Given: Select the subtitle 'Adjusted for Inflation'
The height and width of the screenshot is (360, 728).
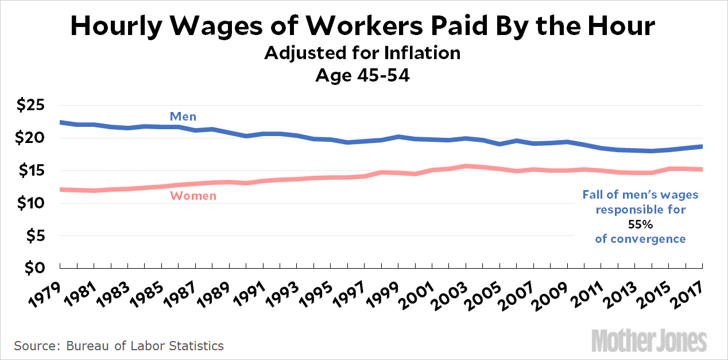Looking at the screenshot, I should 362,53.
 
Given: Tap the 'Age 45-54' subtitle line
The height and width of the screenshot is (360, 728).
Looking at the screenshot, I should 362,75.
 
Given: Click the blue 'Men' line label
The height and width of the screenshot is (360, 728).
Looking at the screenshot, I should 183,117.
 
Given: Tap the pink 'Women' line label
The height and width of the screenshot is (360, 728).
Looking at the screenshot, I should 193,196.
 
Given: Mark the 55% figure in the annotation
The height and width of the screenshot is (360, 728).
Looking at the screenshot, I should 640,224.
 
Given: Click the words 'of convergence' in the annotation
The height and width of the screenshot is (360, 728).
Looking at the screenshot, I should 640,239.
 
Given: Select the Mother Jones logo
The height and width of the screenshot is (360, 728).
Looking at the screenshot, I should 649,340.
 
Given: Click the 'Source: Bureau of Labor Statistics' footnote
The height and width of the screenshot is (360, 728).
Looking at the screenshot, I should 119,346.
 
